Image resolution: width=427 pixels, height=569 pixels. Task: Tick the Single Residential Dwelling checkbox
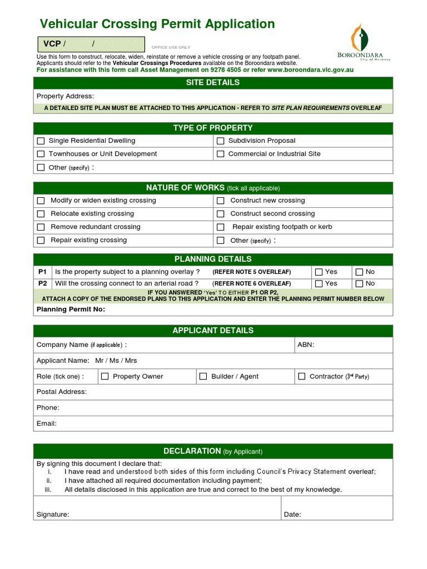(x=41, y=141)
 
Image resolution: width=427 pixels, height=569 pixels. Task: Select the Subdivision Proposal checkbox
(x=220, y=141)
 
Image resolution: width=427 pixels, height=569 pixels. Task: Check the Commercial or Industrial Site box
(x=220, y=154)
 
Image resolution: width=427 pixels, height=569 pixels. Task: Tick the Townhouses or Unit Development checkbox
(x=41, y=154)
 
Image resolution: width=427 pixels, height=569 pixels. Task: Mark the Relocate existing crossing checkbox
(x=41, y=214)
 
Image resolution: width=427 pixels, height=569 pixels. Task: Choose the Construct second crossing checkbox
(x=220, y=214)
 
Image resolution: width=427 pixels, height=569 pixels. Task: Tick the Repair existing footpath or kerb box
(x=220, y=227)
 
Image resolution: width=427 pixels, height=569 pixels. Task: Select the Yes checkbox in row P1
(x=319, y=272)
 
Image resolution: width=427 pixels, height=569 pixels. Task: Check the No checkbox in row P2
(x=359, y=283)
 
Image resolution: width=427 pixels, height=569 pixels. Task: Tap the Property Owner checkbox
(x=105, y=377)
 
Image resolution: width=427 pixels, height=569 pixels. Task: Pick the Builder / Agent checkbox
(x=203, y=377)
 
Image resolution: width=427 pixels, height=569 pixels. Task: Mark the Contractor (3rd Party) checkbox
(x=301, y=377)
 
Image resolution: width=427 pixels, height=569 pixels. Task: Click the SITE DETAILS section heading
(x=213, y=83)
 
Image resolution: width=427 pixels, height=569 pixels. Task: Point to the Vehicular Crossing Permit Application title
(x=157, y=24)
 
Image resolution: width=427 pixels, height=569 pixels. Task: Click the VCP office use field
(x=91, y=44)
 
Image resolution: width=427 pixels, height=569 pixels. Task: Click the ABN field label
(x=306, y=345)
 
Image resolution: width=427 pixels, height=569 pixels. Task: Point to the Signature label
(x=53, y=515)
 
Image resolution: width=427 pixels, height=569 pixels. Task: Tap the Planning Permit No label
(x=71, y=310)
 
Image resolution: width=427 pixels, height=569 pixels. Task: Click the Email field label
(x=46, y=423)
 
